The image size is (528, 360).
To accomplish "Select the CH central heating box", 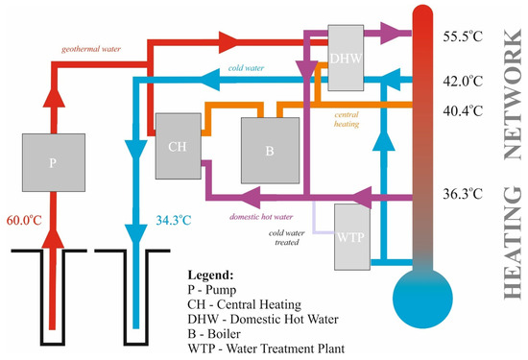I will (177, 149).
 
